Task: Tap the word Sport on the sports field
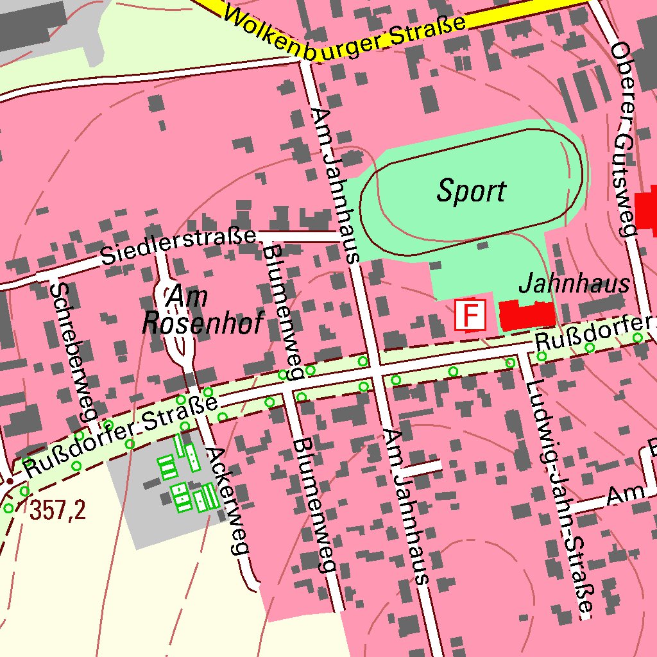(471, 191)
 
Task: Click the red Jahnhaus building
(527, 315)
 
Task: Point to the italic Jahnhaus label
(574, 284)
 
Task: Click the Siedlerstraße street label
(178, 248)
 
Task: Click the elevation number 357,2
(57, 511)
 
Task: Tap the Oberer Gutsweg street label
(622, 138)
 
